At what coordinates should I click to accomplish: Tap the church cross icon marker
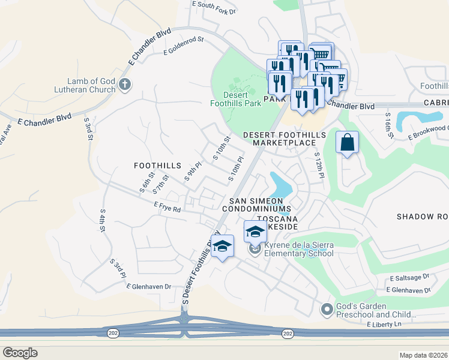coord(124,83)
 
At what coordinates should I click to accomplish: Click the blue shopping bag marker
coord(347,143)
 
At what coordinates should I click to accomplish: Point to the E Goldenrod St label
coord(184,47)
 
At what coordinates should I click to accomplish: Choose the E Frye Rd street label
coord(167,208)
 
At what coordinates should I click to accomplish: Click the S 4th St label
coord(103,221)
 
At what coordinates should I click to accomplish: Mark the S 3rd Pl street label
coord(118,269)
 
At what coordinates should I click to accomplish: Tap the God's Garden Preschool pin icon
coord(327,310)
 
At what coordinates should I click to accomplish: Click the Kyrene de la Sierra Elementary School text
coord(299,249)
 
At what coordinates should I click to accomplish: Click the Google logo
coord(20,353)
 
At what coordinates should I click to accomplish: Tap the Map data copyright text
coord(423,355)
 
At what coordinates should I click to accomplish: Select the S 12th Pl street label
coord(319,164)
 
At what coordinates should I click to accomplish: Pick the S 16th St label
coord(389,127)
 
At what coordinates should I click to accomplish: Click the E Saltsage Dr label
coord(409,278)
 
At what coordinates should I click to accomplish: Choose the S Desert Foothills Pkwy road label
coord(198,272)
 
